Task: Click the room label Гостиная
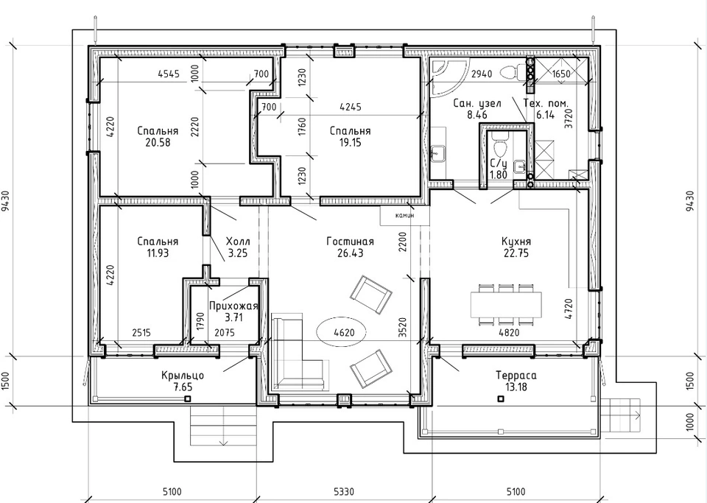[x=350, y=242]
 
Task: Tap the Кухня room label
[x=516, y=241]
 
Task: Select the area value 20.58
[x=158, y=142]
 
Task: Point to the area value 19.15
[x=350, y=142]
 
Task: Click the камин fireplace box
[x=404, y=216]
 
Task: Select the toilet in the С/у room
[x=499, y=144]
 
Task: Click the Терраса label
[x=516, y=376]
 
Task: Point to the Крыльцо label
[x=183, y=376]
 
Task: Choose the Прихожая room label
[x=233, y=306]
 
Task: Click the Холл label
[x=238, y=242]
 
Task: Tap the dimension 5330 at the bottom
[x=344, y=490]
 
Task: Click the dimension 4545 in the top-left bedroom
[x=169, y=74]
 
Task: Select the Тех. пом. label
[x=546, y=103]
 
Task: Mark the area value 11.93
[x=158, y=253]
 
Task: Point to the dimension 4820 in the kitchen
[x=509, y=333]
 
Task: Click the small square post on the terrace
[x=501, y=399]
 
